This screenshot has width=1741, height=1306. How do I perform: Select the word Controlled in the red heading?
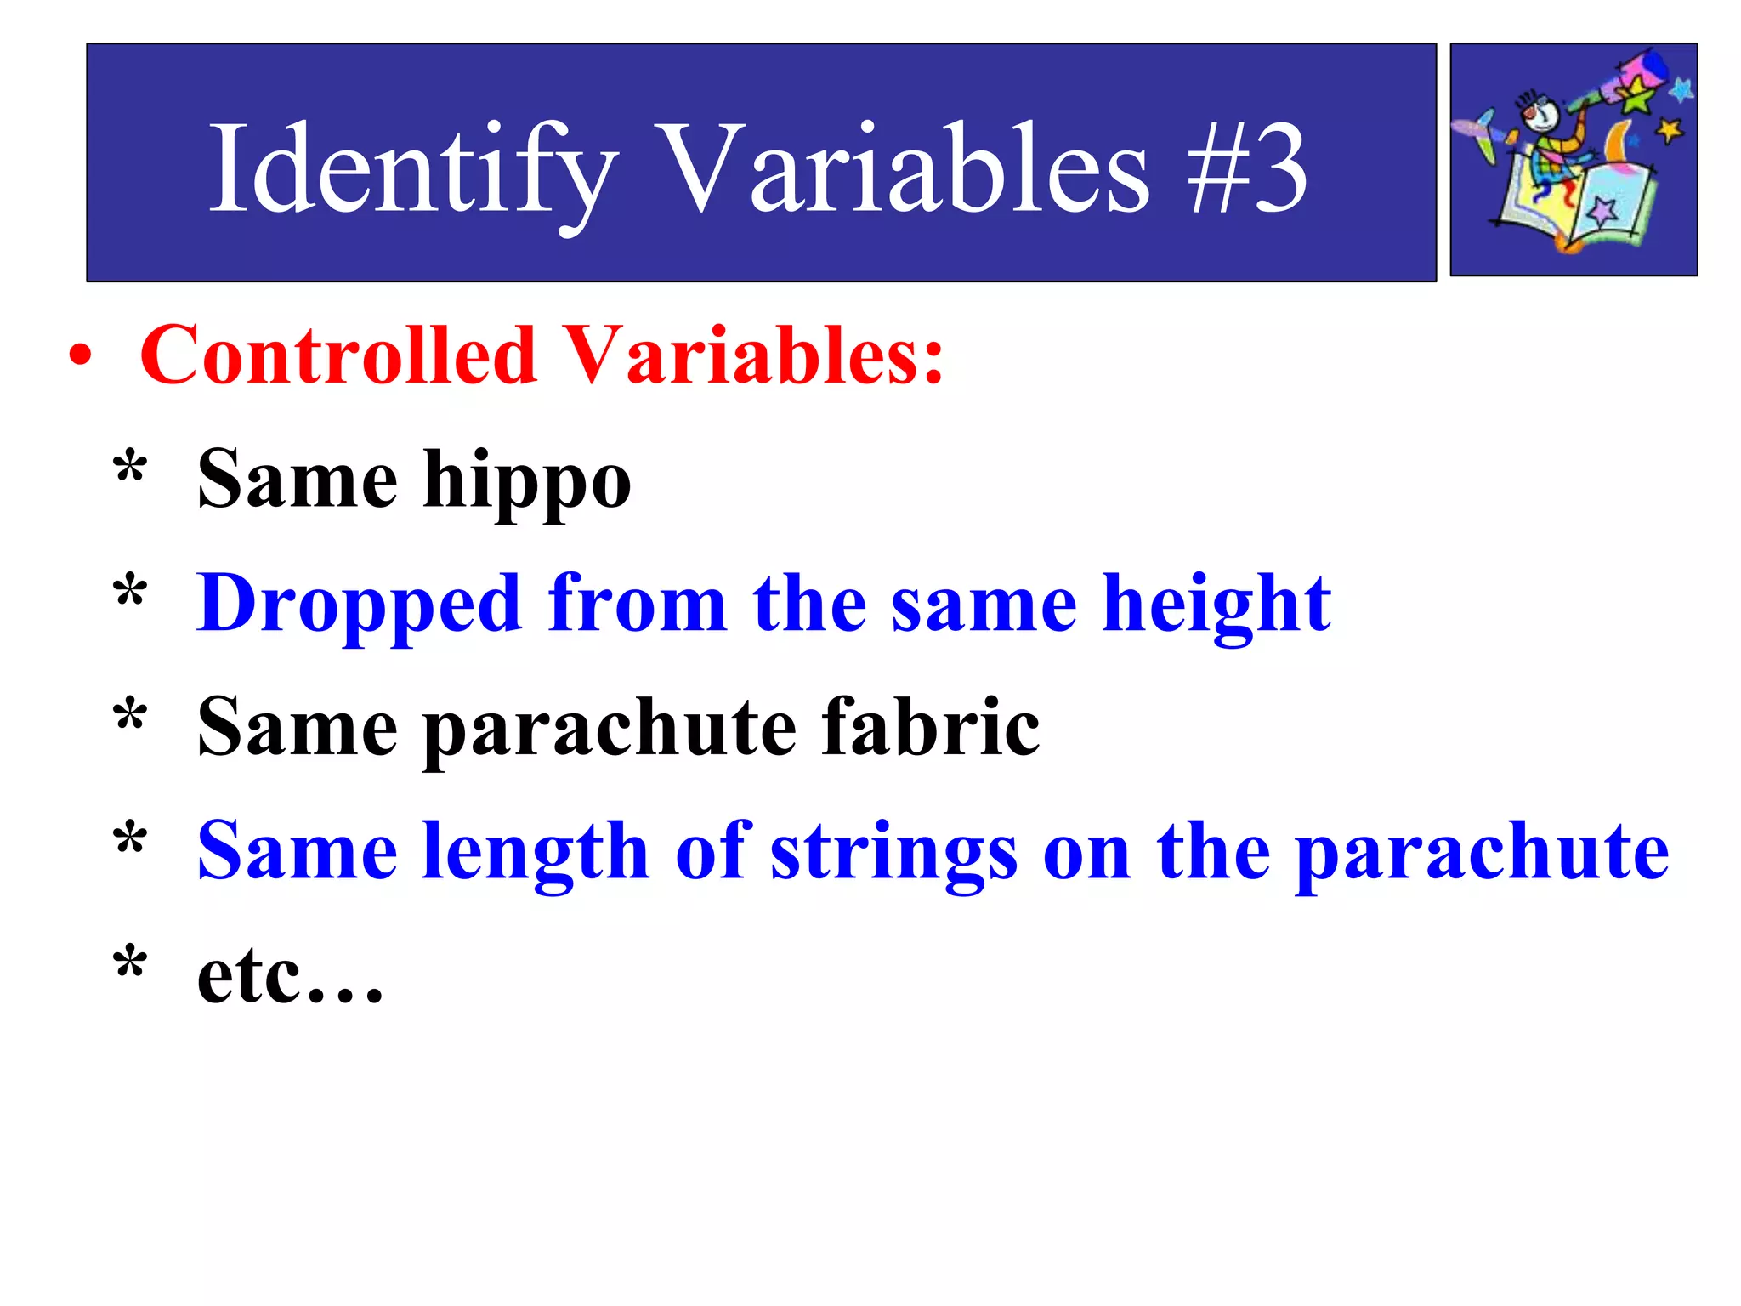[x=338, y=355]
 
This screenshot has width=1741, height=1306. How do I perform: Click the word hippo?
[x=527, y=480]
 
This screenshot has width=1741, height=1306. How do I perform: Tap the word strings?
[x=893, y=852]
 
